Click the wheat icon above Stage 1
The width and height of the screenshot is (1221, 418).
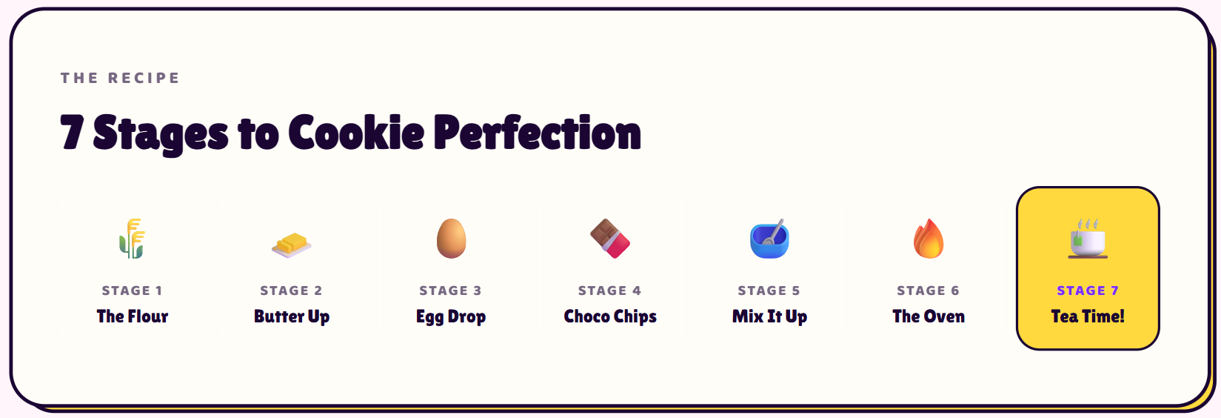[x=132, y=239]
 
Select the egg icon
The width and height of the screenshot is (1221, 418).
[x=452, y=239]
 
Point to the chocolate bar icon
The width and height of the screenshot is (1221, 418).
[x=610, y=239]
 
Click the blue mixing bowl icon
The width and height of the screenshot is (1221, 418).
[x=769, y=239]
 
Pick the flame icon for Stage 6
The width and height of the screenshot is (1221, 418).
[x=929, y=239]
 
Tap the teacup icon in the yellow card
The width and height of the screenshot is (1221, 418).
[x=1088, y=239]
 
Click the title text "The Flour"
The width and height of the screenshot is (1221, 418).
[x=133, y=316]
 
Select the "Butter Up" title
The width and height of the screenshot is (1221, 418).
[x=292, y=317]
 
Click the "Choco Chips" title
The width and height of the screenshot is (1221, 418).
[x=610, y=317]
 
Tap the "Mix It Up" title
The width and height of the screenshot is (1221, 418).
[x=769, y=317]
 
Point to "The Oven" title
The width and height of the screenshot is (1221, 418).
[x=929, y=316]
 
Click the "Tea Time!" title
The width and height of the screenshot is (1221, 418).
[x=1088, y=316]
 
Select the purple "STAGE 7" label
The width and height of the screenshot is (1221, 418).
[x=1088, y=291]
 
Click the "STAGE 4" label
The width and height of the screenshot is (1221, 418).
[x=610, y=291]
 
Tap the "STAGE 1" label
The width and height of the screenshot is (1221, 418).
[x=133, y=291]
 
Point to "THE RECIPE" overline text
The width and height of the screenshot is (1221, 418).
[x=120, y=78]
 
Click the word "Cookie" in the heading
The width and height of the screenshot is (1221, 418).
[x=356, y=133]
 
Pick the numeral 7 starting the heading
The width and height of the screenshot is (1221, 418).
[x=72, y=133]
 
